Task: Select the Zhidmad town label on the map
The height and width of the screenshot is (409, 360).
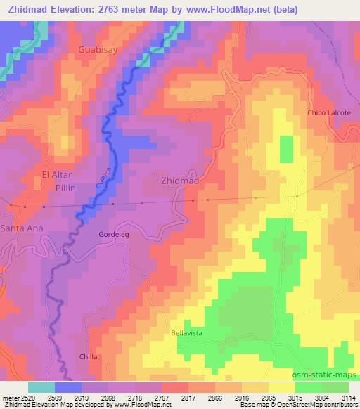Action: (x=180, y=181)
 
